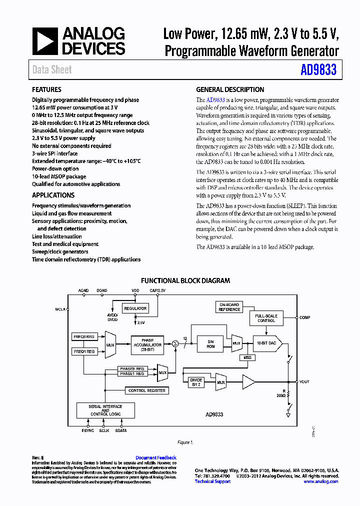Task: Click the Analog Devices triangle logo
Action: [45, 41]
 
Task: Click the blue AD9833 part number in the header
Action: [318, 70]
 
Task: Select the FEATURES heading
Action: [46, 89]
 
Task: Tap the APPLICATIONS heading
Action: [53, 195]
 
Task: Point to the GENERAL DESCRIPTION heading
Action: [230, 89]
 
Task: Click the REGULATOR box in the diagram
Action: [135, 308]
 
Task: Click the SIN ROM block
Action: [210, 343]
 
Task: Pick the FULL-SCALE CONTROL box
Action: [266, 318]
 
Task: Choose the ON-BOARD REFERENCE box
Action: [229, 307]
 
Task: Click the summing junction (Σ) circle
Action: [175, 343]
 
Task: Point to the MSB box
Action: [247, 357]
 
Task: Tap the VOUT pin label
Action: [304, 381]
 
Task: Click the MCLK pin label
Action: [60, 309]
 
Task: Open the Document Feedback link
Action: [156, 457]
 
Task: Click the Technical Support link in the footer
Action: [212, 481]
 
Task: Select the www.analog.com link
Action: [321, 481]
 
